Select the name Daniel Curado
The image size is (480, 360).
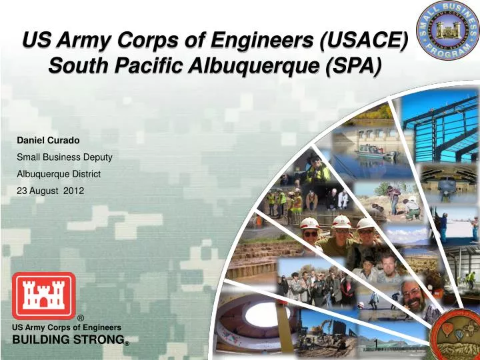(48, 141)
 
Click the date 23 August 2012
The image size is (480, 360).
(51, 190)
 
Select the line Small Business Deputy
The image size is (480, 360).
(64, 157)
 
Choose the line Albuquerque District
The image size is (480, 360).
(59, 173)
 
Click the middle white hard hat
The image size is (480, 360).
(341, 222)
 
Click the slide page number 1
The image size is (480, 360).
(375, 344)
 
